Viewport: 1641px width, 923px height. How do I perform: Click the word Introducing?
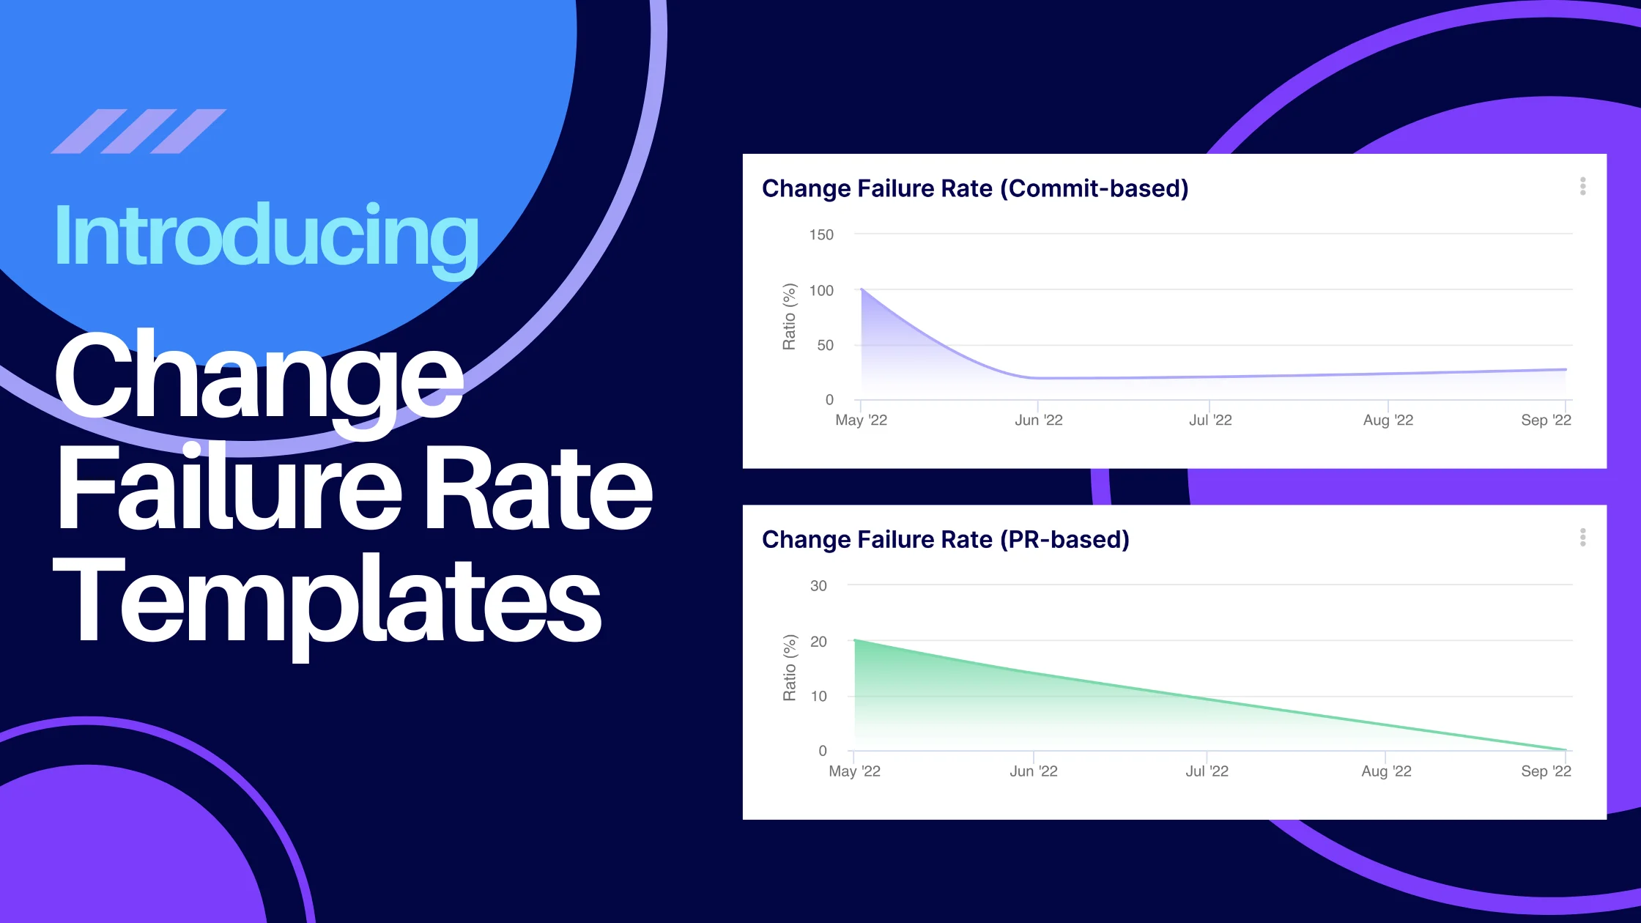267,236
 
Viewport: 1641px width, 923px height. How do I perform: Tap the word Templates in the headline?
327,601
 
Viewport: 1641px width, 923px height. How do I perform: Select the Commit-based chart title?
975,188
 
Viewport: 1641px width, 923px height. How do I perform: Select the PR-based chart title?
946,540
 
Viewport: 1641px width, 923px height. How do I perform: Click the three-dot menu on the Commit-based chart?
1583,186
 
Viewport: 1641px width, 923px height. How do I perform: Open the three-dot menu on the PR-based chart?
1583,538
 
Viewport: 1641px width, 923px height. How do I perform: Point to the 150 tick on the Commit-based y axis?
821,234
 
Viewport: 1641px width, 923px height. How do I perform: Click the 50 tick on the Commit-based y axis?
825,345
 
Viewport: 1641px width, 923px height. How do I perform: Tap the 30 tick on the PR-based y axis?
818,586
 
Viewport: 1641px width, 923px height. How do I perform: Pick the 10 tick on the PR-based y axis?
818,696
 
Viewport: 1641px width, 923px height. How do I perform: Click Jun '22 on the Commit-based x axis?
1038,420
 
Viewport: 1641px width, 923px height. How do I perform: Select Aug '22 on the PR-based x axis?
1386,771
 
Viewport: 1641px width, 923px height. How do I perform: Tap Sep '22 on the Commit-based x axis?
1546,420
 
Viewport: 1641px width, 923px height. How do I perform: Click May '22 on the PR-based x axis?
854,771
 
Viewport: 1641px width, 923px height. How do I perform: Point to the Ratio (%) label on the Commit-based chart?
789,316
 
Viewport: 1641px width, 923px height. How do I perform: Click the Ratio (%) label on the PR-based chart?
789,667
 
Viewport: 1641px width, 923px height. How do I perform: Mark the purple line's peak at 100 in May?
862,290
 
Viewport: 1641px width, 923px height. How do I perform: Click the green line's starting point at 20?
856,641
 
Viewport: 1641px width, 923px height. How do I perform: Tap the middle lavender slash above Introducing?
138,131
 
